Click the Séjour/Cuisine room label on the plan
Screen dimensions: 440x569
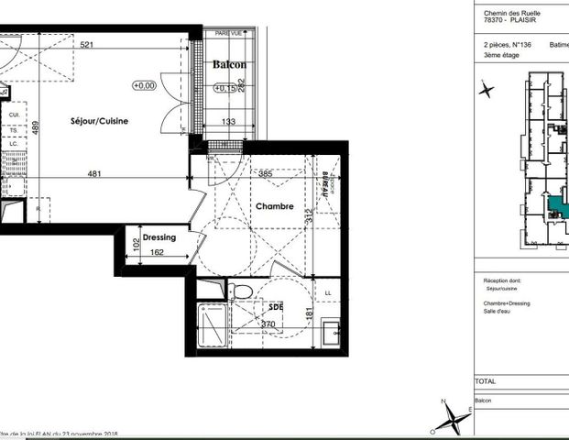tap(100, 121)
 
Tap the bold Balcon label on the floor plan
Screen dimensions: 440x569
tap(229, 65)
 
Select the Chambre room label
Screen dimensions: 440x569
tap(274, 207)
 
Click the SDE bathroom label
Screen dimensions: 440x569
tap(275, 308)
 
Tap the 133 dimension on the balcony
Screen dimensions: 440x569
tap(230, 121)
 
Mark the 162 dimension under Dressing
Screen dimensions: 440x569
tap(156, 252)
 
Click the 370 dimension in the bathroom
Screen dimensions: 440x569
tap(268, 324)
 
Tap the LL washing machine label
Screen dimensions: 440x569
tap(328, 292)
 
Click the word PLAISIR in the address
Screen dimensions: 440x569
tap(528, 22)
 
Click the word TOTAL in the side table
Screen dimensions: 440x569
tap(487, 381)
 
